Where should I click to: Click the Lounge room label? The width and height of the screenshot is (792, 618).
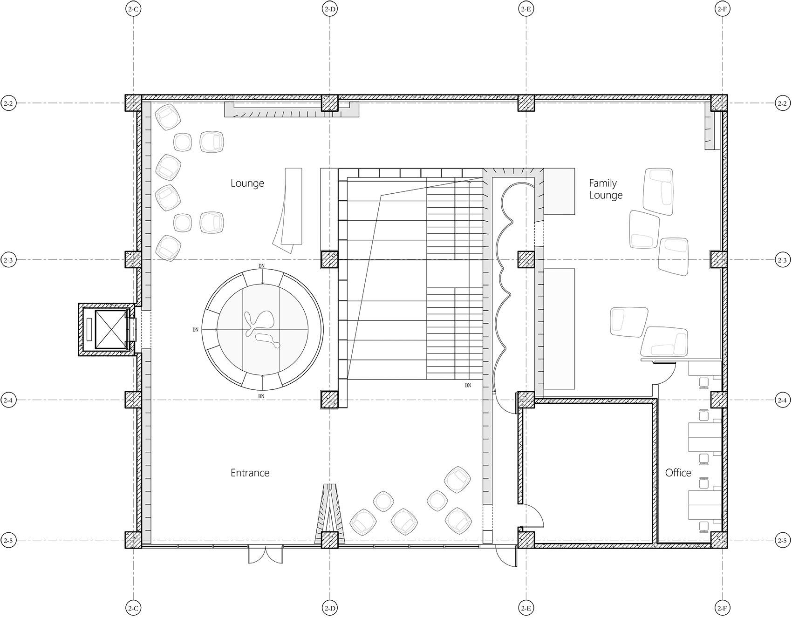click(247, 183)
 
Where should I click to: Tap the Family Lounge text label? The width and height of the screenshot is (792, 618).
click(605, 189)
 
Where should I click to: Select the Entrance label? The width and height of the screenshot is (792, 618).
click(250, 473)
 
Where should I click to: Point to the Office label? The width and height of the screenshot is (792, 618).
click(678, 473)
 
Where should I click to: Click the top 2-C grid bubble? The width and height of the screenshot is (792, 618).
click(133, 9)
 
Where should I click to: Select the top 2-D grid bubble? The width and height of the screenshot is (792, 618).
click(330, 9)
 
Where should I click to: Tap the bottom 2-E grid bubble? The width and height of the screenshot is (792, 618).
click(526, 608)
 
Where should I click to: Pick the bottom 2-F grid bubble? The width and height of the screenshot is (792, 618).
click(722, 608)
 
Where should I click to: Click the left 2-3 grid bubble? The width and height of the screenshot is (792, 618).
click(8, 259)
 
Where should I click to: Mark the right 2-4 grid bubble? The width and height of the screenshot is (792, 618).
click(782, 400)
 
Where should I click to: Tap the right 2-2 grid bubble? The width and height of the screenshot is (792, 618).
click(782, 103)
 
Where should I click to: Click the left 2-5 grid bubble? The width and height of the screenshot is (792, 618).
click(8, 540)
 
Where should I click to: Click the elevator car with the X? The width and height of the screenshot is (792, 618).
click(111, 329)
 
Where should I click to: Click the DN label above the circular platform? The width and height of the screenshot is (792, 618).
click(262, 266)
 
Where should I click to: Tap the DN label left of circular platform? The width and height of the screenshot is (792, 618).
click(196, 330)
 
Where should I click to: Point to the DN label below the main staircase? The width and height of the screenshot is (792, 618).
click(468, 386)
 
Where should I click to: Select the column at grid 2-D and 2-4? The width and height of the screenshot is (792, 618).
click(330, 400)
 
